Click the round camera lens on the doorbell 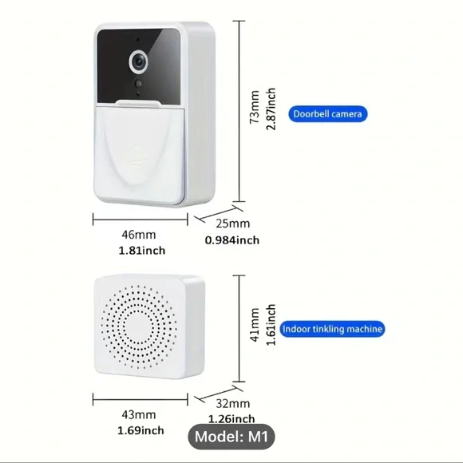click(x=138, y=61)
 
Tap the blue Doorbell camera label click(x=328, y=114)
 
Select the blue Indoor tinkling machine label click(x=332, y=329)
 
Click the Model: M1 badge click(x=231, y=437)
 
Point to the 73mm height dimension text click(x=254, y=107)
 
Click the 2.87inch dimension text click(x=271, y=109)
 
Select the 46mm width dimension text click(x=139, y=235)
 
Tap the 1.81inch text click(x=142, y=251)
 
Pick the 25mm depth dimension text click(x=232, y=224)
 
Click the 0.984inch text click(x=232, y=240)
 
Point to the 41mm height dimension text click(x=254, y=325)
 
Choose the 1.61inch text click(x=271, y=325)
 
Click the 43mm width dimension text click(x=139, y=415)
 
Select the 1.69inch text click(x=140, y=430)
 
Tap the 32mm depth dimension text click(x=232, y=403)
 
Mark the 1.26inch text click(x=231, y=419)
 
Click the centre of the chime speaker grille click(x=139, y=326)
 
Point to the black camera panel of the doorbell click(x=139, y=66)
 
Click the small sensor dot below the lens click(x=138, y=84)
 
